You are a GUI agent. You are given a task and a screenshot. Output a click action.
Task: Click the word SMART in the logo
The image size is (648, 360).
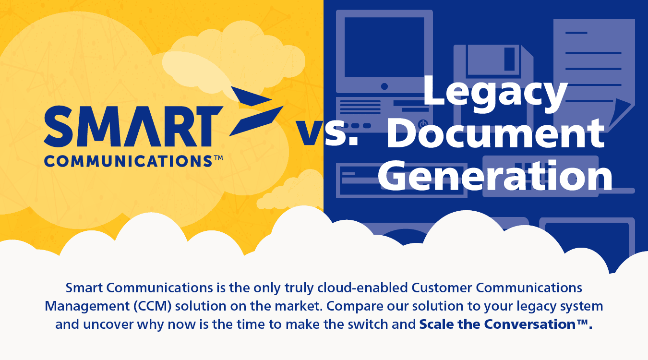pyautogui.click(x=133, y=126)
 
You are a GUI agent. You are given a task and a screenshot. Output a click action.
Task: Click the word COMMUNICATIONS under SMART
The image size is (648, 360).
pyautogui.click(x=128, y=161)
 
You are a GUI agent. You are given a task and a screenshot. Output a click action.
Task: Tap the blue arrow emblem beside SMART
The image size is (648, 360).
pyautogui.click(x=256, y=111)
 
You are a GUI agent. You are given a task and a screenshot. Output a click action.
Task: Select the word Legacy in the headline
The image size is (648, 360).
pyautogui.click(x=495, y=94)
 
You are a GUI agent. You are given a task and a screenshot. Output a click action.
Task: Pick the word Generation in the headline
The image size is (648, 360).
pyautogui.click(x=495, y=176)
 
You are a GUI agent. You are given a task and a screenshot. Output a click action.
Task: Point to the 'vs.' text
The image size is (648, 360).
pyautogui.click(x=327, y=132)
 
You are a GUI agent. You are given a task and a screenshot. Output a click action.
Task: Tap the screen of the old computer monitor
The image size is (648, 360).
pyautogui.click(x=384, y=47)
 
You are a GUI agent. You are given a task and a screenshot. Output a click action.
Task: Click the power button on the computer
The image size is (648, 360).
pyautogui.click(x=423, y=123)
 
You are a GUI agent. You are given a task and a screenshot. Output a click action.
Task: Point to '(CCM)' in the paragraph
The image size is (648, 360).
pyautogui.click(x=153, y=306)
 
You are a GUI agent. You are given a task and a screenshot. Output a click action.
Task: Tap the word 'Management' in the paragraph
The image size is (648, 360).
pyautogui.click(x=87, y=306)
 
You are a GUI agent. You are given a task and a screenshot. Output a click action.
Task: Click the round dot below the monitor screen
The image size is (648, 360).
pyautogui.click(x=384, y=86)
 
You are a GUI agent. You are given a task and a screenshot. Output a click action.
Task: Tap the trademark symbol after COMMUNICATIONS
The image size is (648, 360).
pyautogui.click(x=218, y=158)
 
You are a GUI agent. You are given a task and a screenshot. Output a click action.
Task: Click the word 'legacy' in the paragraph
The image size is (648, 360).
pyautogui.click(x=536, y=307)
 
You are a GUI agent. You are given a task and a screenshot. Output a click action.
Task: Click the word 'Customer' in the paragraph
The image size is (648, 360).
pyautogui.click(x=442, y=288)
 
